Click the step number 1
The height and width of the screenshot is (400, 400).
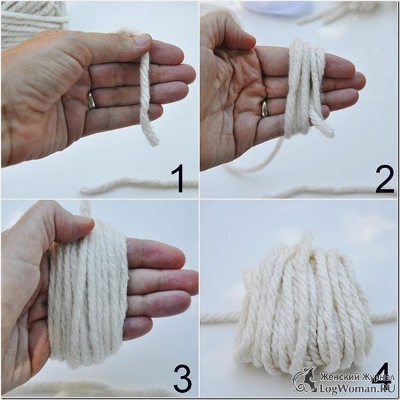click(x=179, y=178)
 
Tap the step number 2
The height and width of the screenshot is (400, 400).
click(x=385, y=179)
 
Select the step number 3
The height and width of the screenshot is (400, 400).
click(x=182, y=379)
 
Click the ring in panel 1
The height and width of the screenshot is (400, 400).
click(x=91, y=100)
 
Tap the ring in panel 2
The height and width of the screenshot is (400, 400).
click(x=264, y=108)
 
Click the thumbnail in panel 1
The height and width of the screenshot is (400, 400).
click(x=143, y=40)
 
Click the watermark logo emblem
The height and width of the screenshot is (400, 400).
click(x=305, y=379)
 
